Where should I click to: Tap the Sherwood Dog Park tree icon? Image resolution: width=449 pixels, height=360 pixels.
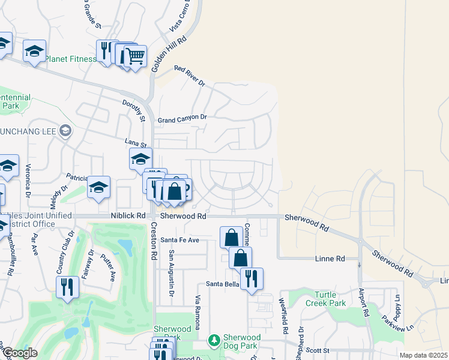point(214,341)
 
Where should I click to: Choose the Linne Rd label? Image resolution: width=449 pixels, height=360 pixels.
point(330,259)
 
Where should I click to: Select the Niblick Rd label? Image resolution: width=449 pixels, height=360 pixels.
point(128,215)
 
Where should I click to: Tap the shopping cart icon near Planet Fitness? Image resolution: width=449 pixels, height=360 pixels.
point(136,56)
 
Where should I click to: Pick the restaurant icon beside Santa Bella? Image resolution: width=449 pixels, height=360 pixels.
point(252,278)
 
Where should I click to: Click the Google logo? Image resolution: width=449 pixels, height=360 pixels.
point(19,353)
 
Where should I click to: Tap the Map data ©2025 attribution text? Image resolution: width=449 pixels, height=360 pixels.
point(423,355)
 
